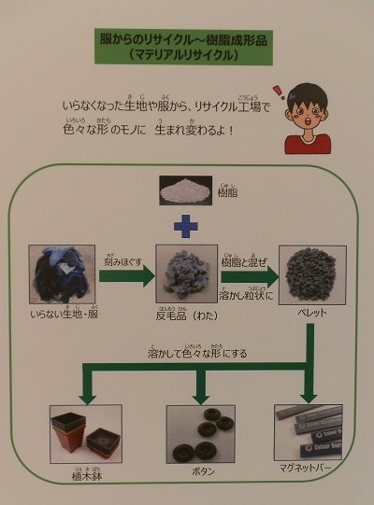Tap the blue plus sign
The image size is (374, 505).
click(x=187, y=226)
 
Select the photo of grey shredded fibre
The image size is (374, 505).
click(x=185, y=274)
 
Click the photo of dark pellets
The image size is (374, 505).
click(x=312, y=274)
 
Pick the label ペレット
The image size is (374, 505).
click(x=311, y=314)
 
